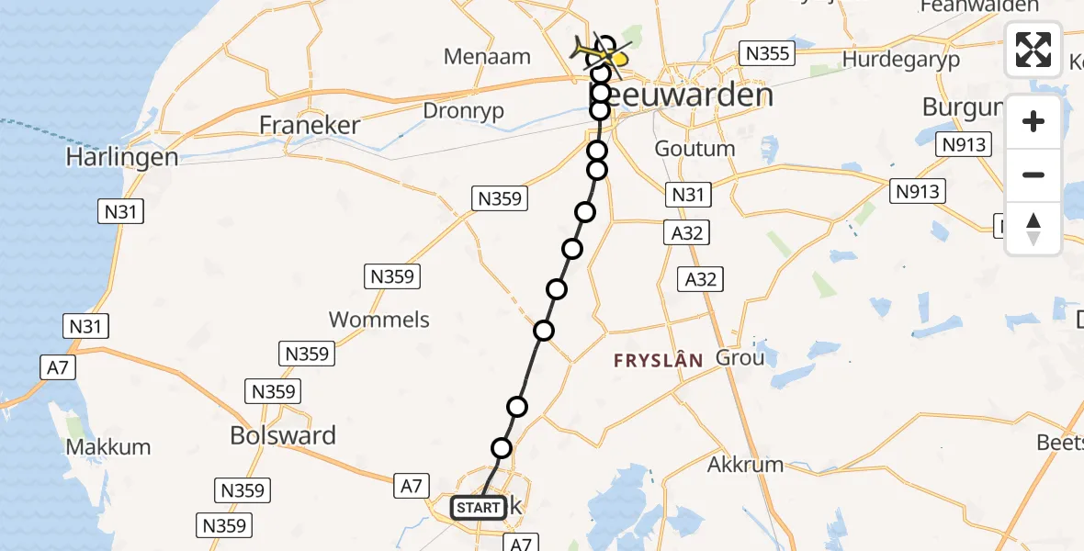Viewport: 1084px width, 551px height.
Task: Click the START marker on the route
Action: pyautogui.click(x=478, y=507)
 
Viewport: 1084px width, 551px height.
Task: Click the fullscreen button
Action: pyautogui.click(x=1033, y=50)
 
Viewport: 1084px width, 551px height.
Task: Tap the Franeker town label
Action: pyautogui.click(x=310, y=125)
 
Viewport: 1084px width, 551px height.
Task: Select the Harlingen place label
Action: pyautogui.click(x=121, y=157)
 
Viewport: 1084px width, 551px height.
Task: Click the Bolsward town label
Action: pyautogui.click(x=283, y=435)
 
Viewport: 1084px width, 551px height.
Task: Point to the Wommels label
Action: pyautogui.click(x=379, y=320)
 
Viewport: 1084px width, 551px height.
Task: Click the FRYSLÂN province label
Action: pyautogui.click(x=659, y=361)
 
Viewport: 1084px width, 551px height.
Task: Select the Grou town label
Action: pyautogui.click(x=740, y=357)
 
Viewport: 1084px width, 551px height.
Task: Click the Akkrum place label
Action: pyautogui.click(x=745, y=464)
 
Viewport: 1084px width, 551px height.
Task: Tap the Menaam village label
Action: pyautogui.click(x=487, y=56)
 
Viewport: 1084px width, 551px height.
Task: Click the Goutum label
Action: pyautogui.click(x=694, y=148)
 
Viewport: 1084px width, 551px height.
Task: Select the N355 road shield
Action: pyautogui.click(x=767, y=53)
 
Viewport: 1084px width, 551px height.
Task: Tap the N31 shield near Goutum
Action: pyautogui.click(x=687, y=195)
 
